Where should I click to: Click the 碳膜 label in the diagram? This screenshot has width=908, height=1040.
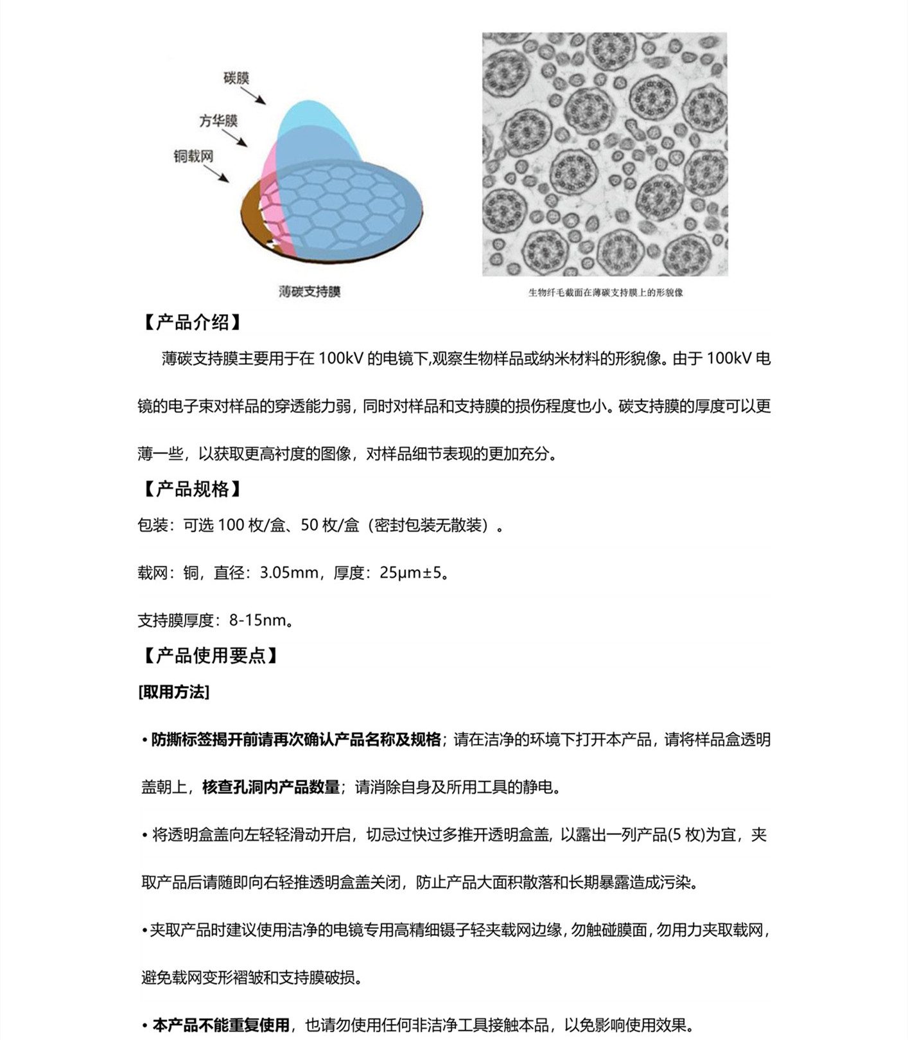tap(236, 78)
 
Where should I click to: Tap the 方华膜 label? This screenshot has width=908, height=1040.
tap(218, 121)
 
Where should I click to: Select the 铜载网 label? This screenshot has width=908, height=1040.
tap(193, 156)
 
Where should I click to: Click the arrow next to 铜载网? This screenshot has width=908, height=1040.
tap(216, 173)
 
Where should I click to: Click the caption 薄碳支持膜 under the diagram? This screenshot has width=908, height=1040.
tap(310, 292)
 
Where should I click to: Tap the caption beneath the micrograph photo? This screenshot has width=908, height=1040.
tap(605, 293)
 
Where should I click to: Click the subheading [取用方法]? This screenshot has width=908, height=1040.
tap(174, 692)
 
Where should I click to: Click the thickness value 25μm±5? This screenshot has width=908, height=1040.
tap(411, 572)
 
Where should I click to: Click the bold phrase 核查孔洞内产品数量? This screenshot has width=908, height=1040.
tap(271, 787)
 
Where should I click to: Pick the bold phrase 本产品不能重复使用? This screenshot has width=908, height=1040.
tap(221, 1025)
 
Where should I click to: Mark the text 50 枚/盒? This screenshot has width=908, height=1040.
tap(330, 525)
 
